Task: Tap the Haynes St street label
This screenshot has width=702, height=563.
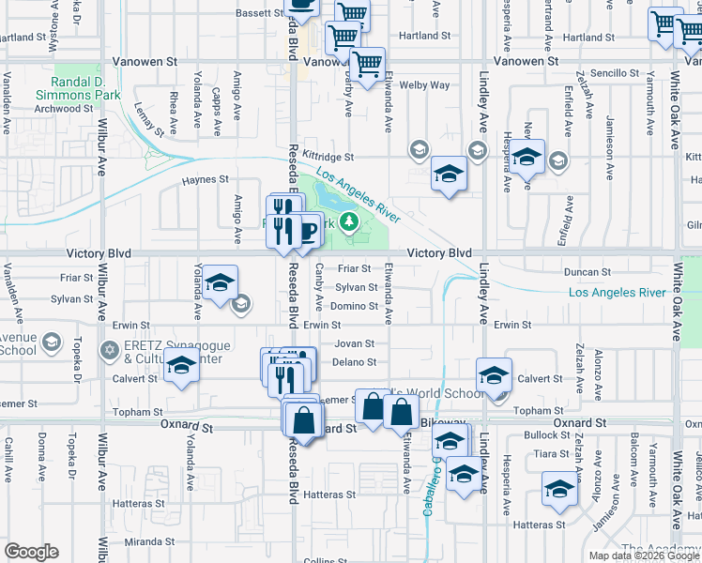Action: coord(206,179)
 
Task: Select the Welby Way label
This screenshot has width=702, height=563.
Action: coord(424,85)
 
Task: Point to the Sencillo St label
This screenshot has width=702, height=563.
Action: coord(615,72)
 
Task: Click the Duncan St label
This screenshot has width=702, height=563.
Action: coord(589,271)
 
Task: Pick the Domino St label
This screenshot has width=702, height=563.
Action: coord(354,306)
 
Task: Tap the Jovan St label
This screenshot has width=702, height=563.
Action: coord(355,343)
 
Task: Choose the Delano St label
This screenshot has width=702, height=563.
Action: coord(354,362)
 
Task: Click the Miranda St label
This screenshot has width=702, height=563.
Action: coord(151,541)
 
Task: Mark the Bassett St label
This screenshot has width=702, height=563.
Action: coord(259,14)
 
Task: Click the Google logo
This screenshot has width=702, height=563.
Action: coord(31,552)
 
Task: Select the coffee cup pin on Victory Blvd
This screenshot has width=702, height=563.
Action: coord(305,229)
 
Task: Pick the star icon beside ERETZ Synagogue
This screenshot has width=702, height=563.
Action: coord(109,351)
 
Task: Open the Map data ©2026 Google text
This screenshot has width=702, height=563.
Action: coord(643,555)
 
